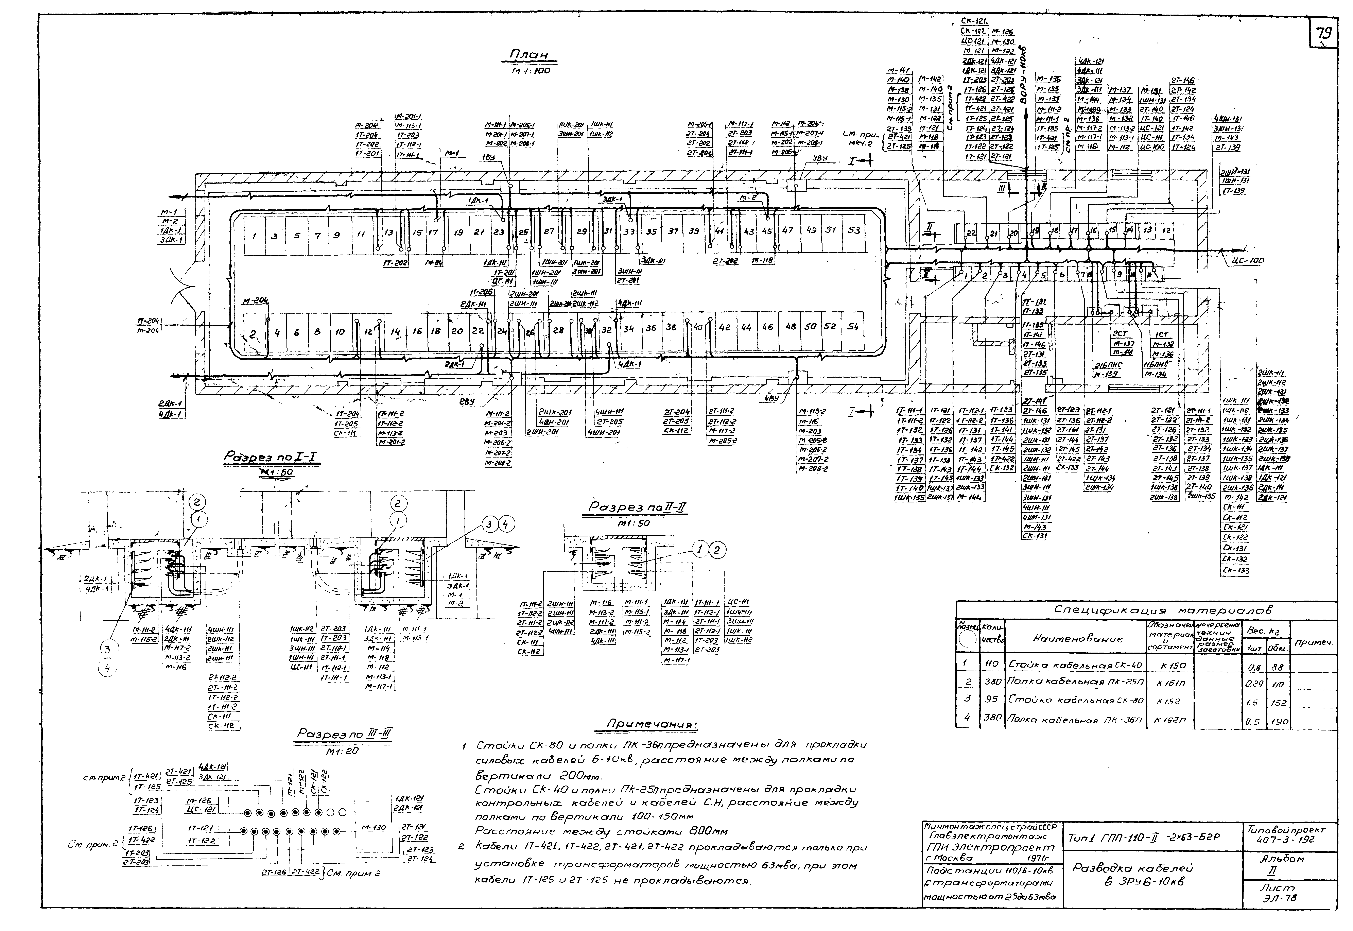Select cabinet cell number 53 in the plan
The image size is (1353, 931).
click(x=853, y=230)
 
